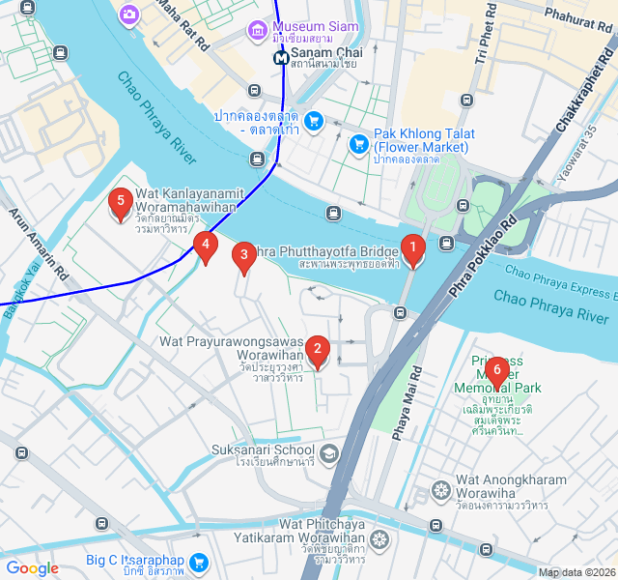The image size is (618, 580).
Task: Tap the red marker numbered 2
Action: (x=317, y=350)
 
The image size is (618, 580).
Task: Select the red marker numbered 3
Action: (x=244, y=256)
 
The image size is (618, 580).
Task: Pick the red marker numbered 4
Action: (x=204, y=246)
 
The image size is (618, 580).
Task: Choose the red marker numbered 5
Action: (x=121, y=203)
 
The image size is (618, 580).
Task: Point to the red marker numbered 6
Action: (x=496, y=370)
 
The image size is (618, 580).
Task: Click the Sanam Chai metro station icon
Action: (x=281, y=57)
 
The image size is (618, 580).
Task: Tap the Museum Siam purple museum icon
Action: (x=257, y=30)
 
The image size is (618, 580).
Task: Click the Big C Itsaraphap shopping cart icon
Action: (x=200, y=562)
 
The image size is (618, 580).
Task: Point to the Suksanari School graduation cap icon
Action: (x=329, y=453)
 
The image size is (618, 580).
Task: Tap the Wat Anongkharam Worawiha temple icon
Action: (x=441, y=489)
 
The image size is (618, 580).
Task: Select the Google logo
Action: (x=32, y=568)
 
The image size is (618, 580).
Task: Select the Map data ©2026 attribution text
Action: (x=576, y=572)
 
